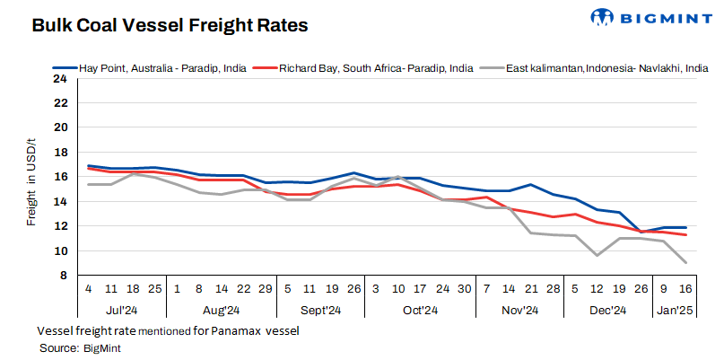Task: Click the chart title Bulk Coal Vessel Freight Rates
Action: click(x=170, y=26)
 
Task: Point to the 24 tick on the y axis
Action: click(x=60, y=78)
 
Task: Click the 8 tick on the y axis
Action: click(x=63, y=276)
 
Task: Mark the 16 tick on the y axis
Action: click(x=60, y=177)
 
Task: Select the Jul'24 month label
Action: click(x=124, y=311)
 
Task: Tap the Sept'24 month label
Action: click(x=320, y=311)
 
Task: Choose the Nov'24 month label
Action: click(x=518, y=311)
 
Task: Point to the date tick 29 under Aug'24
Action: click(x=266, y=290)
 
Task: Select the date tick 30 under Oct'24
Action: click(x=464, y=290)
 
